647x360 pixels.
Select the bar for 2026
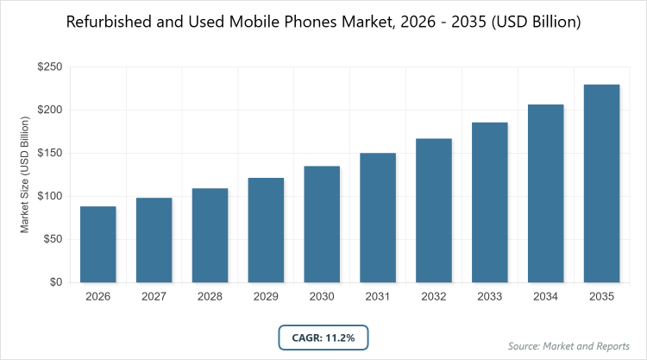(98, 244)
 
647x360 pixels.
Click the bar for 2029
(266, 230)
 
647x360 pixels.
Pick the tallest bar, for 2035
(602, 183)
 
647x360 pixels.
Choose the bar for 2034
(546, 193)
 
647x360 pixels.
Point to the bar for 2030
(322, 224)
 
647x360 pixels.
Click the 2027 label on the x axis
(154, 296)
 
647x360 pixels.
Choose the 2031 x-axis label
(378, 296)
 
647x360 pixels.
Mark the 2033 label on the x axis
(490, 296)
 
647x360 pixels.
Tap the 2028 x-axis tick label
(210, 296)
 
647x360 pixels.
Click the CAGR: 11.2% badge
(323, 337)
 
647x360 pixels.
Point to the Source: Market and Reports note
(570, 346)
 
